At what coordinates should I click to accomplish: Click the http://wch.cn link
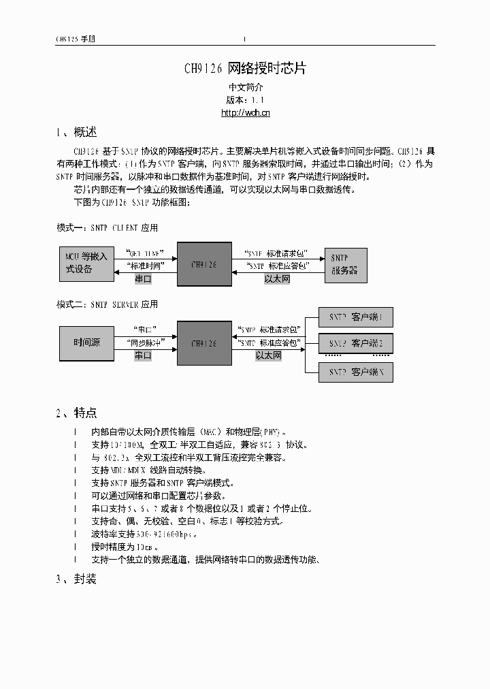click(x=245, y=113)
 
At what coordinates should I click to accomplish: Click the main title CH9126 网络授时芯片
click(x=245, y=69)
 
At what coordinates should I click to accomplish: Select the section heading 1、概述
click(x=76, y=132)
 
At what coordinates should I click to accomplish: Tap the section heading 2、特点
click(x=76, y=412)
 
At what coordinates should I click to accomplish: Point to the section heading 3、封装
click(x=76, y=579)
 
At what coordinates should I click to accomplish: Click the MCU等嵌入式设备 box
click(x=86, y=263)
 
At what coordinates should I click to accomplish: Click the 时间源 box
click(x=86, y=342)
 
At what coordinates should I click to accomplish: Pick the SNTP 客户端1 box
click(x=356, y=317)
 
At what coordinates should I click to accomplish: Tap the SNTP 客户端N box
click(x=356, y=372)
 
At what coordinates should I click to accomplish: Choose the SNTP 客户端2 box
click(x=356, y=343)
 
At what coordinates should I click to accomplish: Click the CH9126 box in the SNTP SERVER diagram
click(x=203, y=344)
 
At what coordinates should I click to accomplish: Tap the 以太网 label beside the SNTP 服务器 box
click(x=278, y=279)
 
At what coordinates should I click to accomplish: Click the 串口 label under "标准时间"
click(x=143, y=279)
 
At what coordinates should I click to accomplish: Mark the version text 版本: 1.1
click(x=245, y=100)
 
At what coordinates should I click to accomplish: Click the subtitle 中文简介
click(x=245, y=87)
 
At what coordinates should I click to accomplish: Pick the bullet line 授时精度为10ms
click(x=125, y=547)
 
